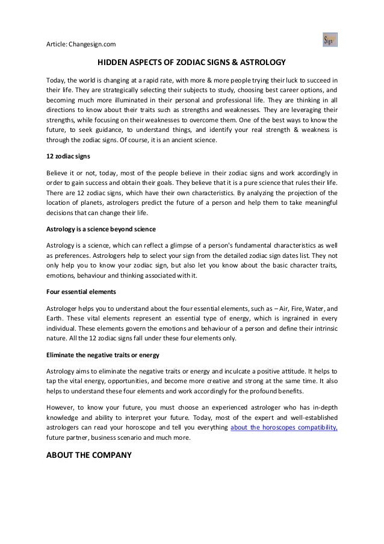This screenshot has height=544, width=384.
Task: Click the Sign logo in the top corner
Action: (x=330, y=40)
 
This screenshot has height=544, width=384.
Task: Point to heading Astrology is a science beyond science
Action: (x=101, y=229)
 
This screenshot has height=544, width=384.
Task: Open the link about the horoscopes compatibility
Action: (x=285, y=428)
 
